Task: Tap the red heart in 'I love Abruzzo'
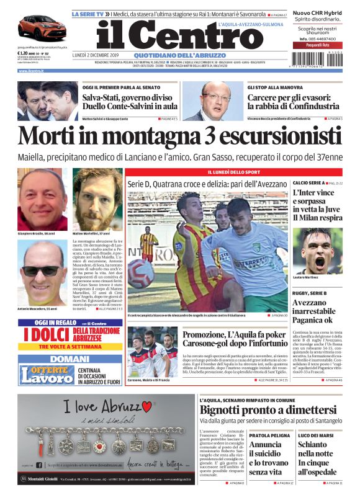tap(146, 407)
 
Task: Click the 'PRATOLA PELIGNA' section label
tap(268, 436)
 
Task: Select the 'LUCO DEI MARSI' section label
tap(315, 436)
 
